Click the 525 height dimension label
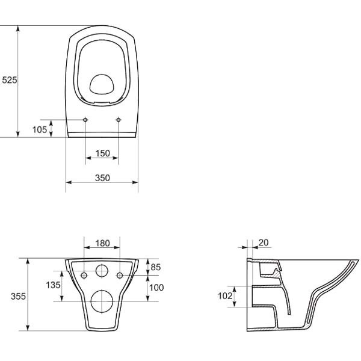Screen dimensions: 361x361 (x=10, y=80)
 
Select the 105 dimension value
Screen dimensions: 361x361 (x=40, y=129)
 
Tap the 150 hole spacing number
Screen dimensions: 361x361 (x=103, y=153)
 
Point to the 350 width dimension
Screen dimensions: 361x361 (x=102, y=178)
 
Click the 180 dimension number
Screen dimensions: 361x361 (x=103, y=243)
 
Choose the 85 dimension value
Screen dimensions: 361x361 (x=156, y=267)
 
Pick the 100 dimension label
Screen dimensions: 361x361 (x=156, y=288)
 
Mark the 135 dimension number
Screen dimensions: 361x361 (x=53, y=285)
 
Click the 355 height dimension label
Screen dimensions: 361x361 (x=18, y=296)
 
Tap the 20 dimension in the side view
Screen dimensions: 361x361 (x=264, y=242)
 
